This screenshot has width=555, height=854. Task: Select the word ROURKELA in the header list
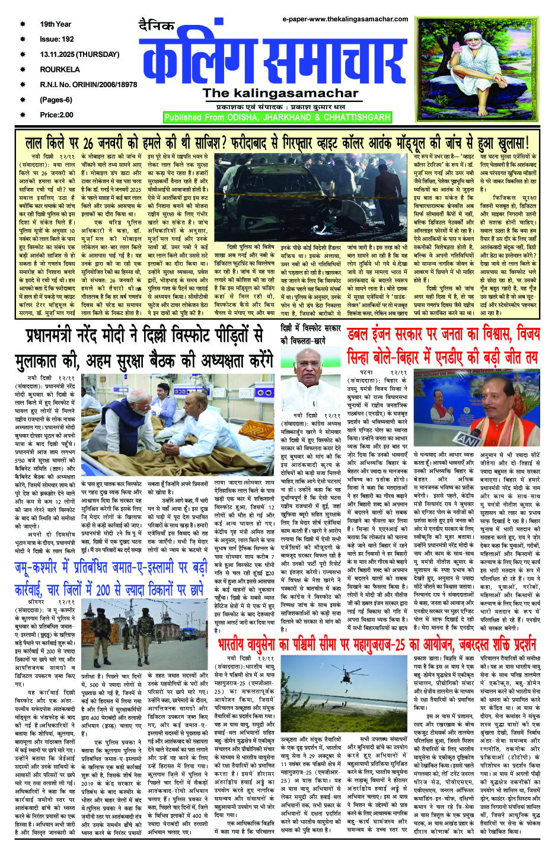(x=60, y=69)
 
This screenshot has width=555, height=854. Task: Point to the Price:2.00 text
(x=57, y=115)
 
